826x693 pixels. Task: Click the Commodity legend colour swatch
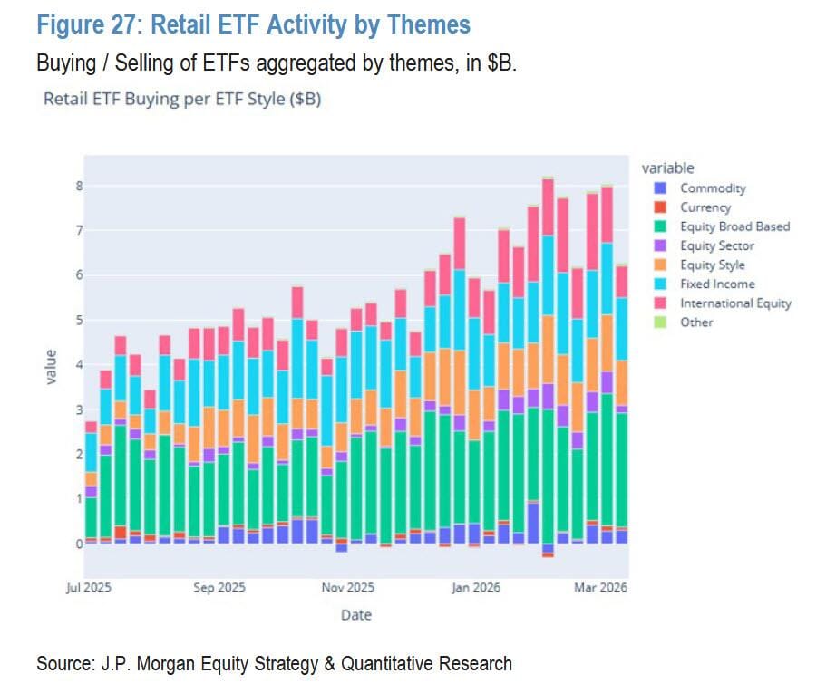click(x=660, y=188)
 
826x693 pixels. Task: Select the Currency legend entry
click(x=705, y=207)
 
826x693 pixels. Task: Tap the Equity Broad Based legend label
click(x=734, y=226)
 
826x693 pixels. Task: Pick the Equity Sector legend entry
click(x=716, y=245)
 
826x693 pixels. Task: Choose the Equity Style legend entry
click(x=712, y=265)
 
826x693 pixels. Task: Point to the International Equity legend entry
click(x=735, y=303)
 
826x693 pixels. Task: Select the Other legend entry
click(x=696, y=322)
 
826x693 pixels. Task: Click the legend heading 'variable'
click(x=667, y=168)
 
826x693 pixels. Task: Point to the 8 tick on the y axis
click(x=79, y=187)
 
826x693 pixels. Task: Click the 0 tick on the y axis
click(x=79, y=544)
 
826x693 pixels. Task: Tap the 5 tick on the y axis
click(x=79, y=321)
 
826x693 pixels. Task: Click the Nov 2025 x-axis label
click(x=348, y=587)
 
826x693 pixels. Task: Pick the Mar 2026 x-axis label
click(x=600, y=587)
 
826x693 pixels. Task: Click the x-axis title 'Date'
click(x=355, y=614)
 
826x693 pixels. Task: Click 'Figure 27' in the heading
click(x=88, y=24)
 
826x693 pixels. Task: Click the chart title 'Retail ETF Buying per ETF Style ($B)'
click(x=182, y=99)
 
